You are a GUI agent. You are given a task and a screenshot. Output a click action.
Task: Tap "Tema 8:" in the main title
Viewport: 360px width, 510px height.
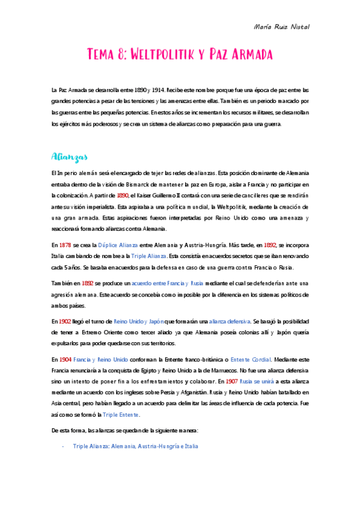107,55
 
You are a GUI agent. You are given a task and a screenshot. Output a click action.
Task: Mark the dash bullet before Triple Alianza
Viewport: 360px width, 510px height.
63,447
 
